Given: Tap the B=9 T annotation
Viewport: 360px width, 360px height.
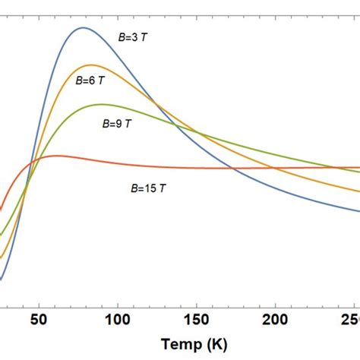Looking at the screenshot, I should pyautogui.click(x=117, y=122).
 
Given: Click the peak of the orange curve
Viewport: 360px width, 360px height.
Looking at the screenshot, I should pyautogui.click(x=91, y=65).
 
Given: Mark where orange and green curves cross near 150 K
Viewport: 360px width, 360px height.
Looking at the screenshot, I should pyautogui.click(x=199, y=134).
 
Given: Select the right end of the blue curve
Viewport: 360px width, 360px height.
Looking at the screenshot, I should pyautogui.click(x=358, y=212).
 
